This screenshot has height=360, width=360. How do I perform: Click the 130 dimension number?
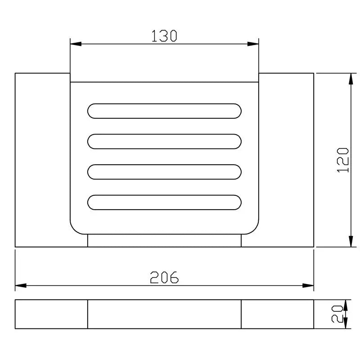[x=164, y=36]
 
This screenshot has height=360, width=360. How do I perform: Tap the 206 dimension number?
[x=164, y=277]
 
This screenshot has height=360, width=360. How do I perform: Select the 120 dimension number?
[x=343, y=160]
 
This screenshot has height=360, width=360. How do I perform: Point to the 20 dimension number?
[x=337, y=314]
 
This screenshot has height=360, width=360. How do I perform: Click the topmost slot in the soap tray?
[x=164, y=111]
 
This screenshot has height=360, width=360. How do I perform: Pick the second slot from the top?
[x=164, y=141]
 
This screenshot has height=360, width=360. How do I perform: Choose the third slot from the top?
[x=164, y=172]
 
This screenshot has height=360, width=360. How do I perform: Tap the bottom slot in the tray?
[x=164, y=202]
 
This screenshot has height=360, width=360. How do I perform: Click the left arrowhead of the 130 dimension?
[x=76, y=44]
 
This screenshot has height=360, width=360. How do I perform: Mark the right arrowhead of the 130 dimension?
[x=253, y=44]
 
